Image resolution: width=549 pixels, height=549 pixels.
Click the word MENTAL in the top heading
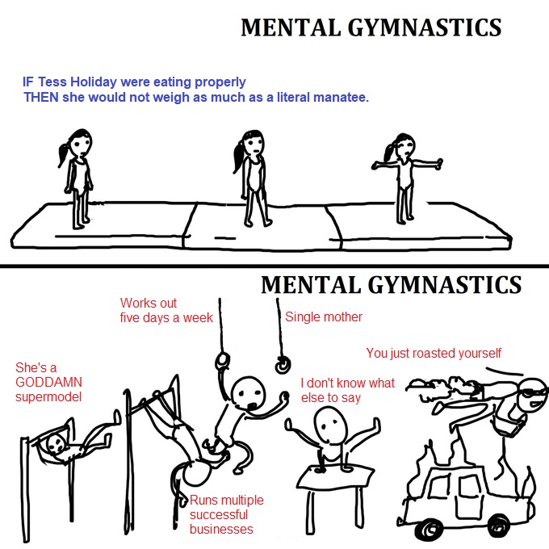click(x=291, y=27)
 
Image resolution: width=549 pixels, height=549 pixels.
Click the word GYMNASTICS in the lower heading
click(x=445, y=284)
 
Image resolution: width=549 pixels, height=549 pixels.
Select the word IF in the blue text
click(x=28, y=82)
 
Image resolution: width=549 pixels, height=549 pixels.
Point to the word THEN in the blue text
click(x=41, y=97)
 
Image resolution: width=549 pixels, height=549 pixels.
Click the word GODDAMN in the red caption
click(x=48, y=382)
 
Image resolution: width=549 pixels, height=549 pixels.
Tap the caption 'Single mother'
click(x=324, y=316)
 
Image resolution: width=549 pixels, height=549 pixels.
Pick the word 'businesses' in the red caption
click(x=221, y=529)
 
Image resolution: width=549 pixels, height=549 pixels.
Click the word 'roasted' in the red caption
click(x=434, y=353)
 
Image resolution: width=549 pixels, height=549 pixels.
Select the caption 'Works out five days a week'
click(x=166, y=310)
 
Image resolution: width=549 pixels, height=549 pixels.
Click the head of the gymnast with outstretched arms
click(x=405, y=145)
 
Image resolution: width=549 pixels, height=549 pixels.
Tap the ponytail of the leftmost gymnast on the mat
click(x=63, y=154)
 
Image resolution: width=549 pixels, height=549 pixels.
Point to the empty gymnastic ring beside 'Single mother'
click(x=283, y=365)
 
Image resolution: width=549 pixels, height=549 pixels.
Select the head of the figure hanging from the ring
click(x=249, y=392)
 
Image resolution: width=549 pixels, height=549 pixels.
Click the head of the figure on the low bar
click(x=56, y=443)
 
